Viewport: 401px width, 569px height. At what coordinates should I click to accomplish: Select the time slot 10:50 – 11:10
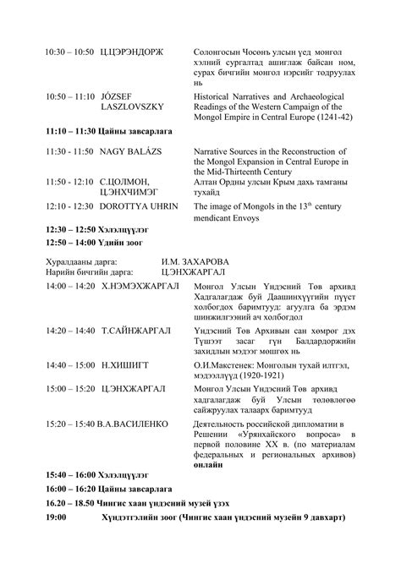point(69,97)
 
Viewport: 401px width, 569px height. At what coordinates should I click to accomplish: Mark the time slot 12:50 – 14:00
point(70,241)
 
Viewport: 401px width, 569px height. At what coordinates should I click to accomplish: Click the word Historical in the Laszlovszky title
point(217,97)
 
